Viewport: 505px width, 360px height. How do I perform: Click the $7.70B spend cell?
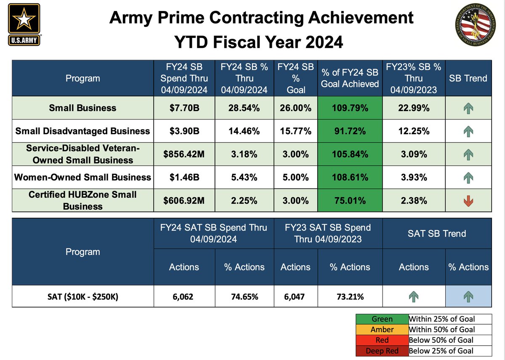[x=184, y=108]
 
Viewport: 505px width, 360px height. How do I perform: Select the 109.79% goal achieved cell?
[x=350, y=108]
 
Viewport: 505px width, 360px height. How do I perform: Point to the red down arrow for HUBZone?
[x=468, y=201]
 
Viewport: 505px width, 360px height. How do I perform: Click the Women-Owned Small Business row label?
[x=82, y=177]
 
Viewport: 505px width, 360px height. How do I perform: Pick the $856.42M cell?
[x=184, y=154]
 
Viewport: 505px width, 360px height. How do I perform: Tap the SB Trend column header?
[x=468, y=78]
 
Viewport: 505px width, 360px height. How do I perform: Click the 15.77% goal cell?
[x=295, y=131]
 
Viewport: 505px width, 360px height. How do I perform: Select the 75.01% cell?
[x=350, y=201]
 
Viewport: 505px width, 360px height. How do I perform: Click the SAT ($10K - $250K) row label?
[x=82, y=297]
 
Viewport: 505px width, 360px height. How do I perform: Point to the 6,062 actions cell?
[x=184, y=297]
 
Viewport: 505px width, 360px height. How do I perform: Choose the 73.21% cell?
[x=350, y=297]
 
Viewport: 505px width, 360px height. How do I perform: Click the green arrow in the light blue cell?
[x=468, y=297]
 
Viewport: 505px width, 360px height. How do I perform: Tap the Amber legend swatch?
[x=382, y=330]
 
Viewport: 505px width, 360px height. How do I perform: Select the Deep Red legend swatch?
[x=382, y=351]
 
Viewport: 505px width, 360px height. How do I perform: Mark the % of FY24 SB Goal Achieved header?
[x=350, y=78]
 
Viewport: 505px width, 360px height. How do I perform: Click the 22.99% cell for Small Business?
[x=413, y=108]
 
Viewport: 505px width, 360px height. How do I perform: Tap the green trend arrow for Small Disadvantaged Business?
[x=468, y=131]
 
